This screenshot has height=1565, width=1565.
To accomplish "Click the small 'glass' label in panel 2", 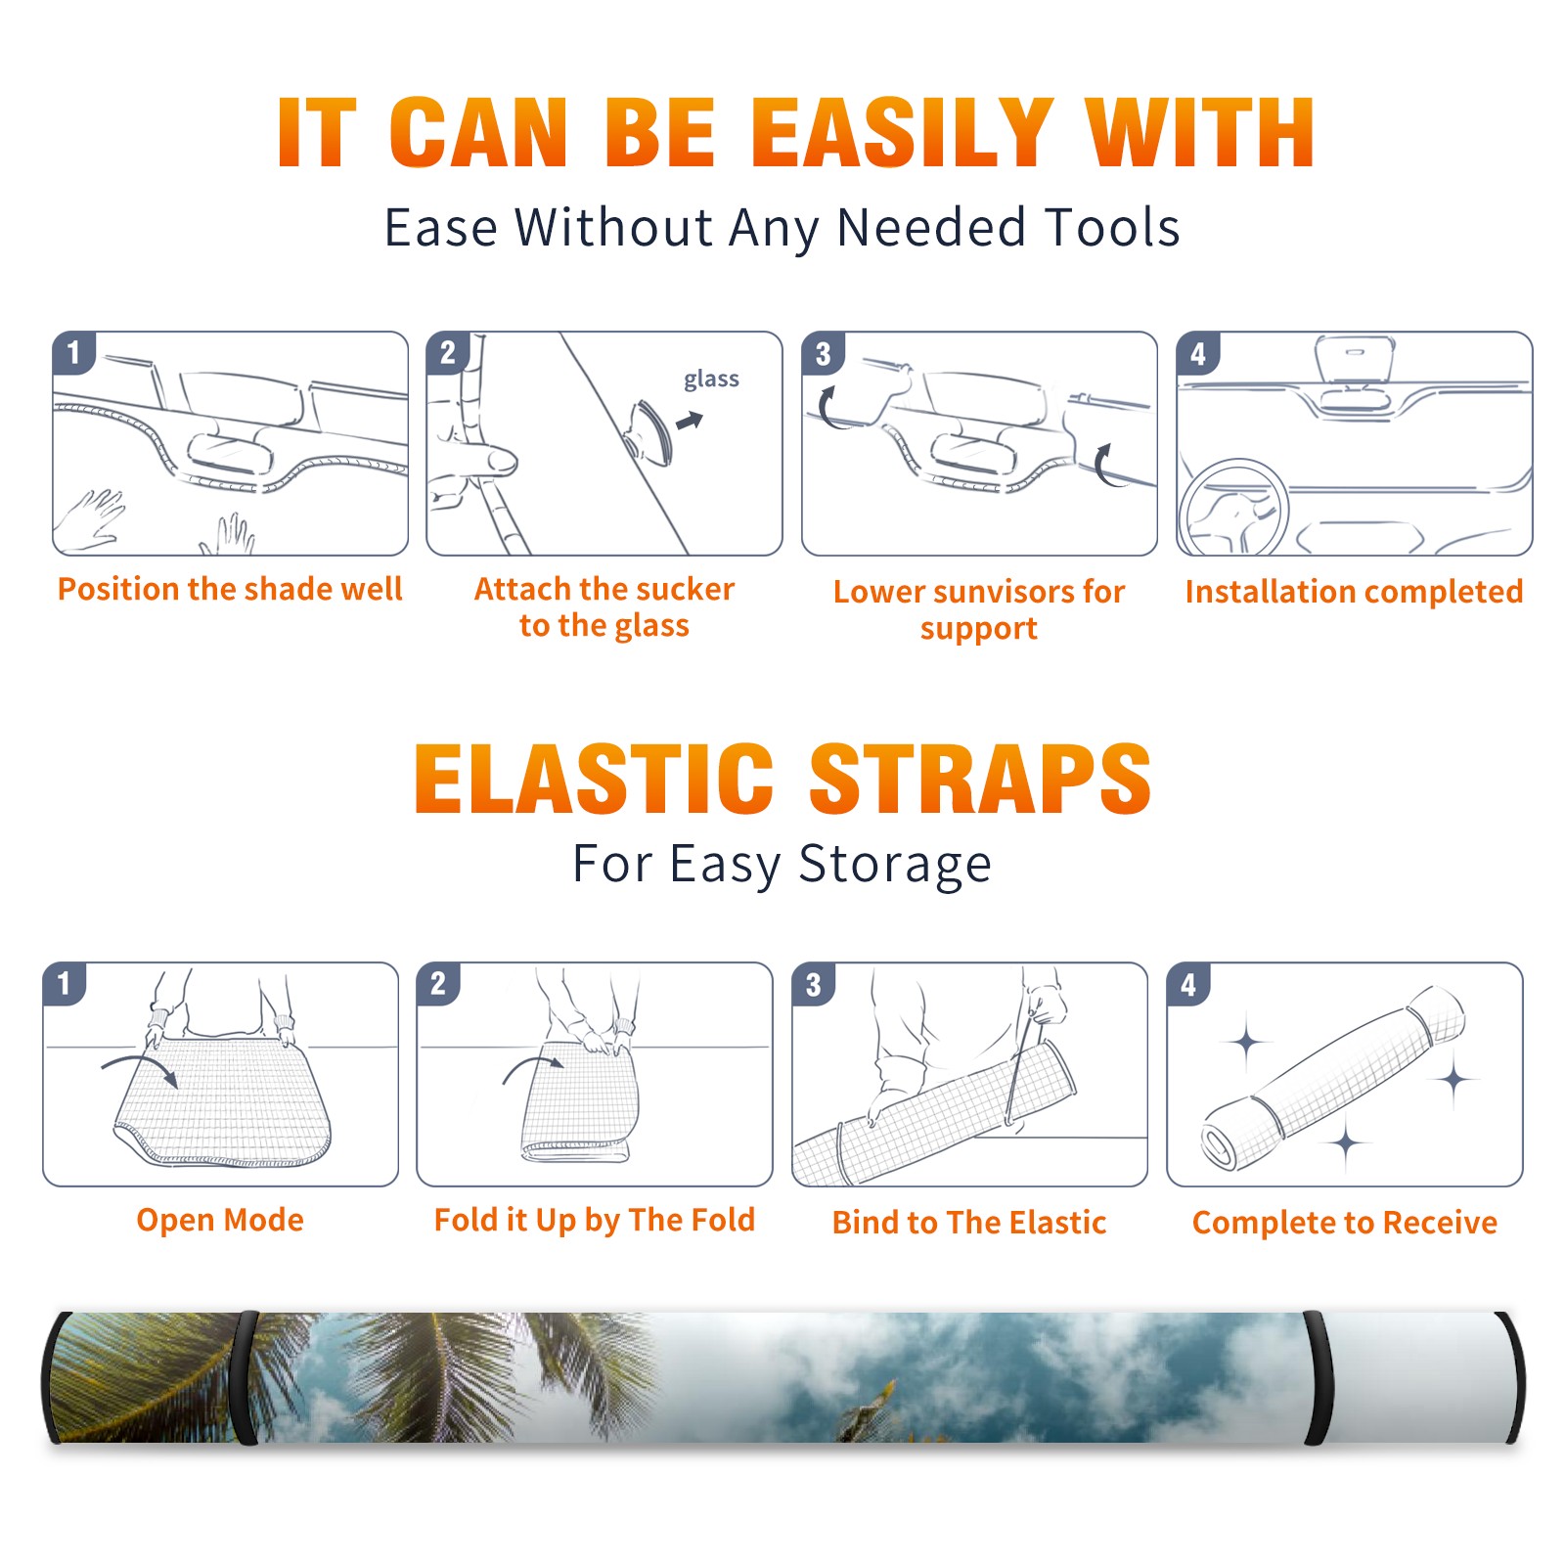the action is (711, 380).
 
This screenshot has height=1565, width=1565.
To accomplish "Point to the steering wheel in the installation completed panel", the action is (1233, 509).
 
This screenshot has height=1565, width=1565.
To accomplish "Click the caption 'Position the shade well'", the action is (230, 589).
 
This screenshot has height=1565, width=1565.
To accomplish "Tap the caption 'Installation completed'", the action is (1354, 591).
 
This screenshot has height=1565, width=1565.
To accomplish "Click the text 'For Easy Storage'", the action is (782, 865).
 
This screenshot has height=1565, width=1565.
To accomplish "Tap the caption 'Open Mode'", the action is (220, 1220).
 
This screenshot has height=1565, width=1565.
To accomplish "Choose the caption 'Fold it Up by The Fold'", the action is (595, 1220).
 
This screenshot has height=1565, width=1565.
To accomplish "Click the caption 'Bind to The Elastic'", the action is (969, 1223).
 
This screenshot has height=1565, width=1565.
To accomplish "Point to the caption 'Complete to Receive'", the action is (1345, 1223).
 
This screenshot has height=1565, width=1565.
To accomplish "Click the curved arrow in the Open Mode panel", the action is (140, 1063).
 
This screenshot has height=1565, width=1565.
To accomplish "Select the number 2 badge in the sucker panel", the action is (448, 353).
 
